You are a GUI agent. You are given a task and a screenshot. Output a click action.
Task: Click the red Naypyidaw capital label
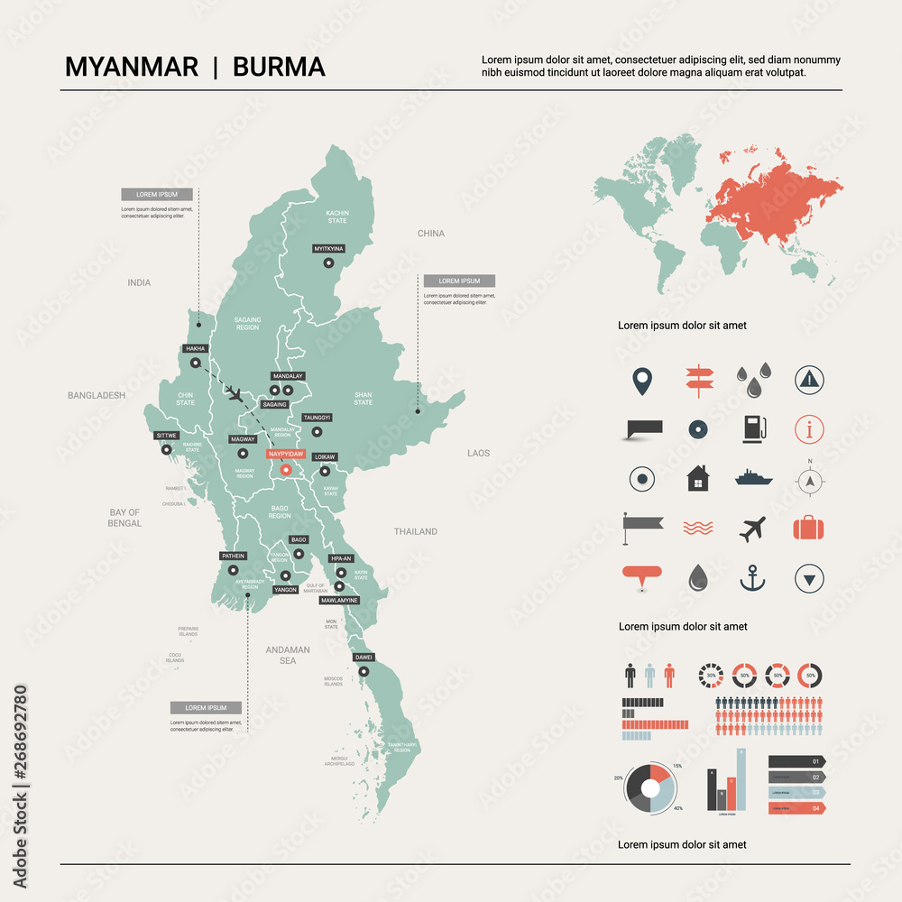click(287, 455)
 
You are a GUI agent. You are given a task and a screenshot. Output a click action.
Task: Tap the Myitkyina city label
click(328, 248)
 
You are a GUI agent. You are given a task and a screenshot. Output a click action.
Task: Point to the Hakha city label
click(195, 348)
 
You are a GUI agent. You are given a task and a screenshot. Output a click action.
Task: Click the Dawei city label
click(364, 657)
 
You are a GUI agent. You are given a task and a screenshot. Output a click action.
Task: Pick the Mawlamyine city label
click(340, 600)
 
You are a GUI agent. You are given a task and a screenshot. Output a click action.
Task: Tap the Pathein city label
click(233, 557)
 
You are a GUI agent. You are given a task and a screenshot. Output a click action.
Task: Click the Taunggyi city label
click(317, 418)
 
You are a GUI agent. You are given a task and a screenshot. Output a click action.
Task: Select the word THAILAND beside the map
click(415, 532)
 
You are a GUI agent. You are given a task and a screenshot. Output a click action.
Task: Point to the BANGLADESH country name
click(97, 395)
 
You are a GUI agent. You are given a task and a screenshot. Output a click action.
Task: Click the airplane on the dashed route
click(235, 393)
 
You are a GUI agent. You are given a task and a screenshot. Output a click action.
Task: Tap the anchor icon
click(752, 577)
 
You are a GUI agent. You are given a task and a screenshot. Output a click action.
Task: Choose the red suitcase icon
click(809, 528)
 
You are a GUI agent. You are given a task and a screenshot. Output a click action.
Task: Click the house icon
click(697, 477)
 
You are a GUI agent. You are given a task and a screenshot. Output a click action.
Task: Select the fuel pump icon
click(753, 428)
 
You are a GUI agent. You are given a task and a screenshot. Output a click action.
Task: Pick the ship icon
click(753, 477)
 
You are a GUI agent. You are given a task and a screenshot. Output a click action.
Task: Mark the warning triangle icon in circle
click(809, 379)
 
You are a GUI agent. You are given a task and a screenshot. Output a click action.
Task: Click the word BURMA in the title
click(279, 68)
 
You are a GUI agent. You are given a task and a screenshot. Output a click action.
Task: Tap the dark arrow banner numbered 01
click(796, 761)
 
